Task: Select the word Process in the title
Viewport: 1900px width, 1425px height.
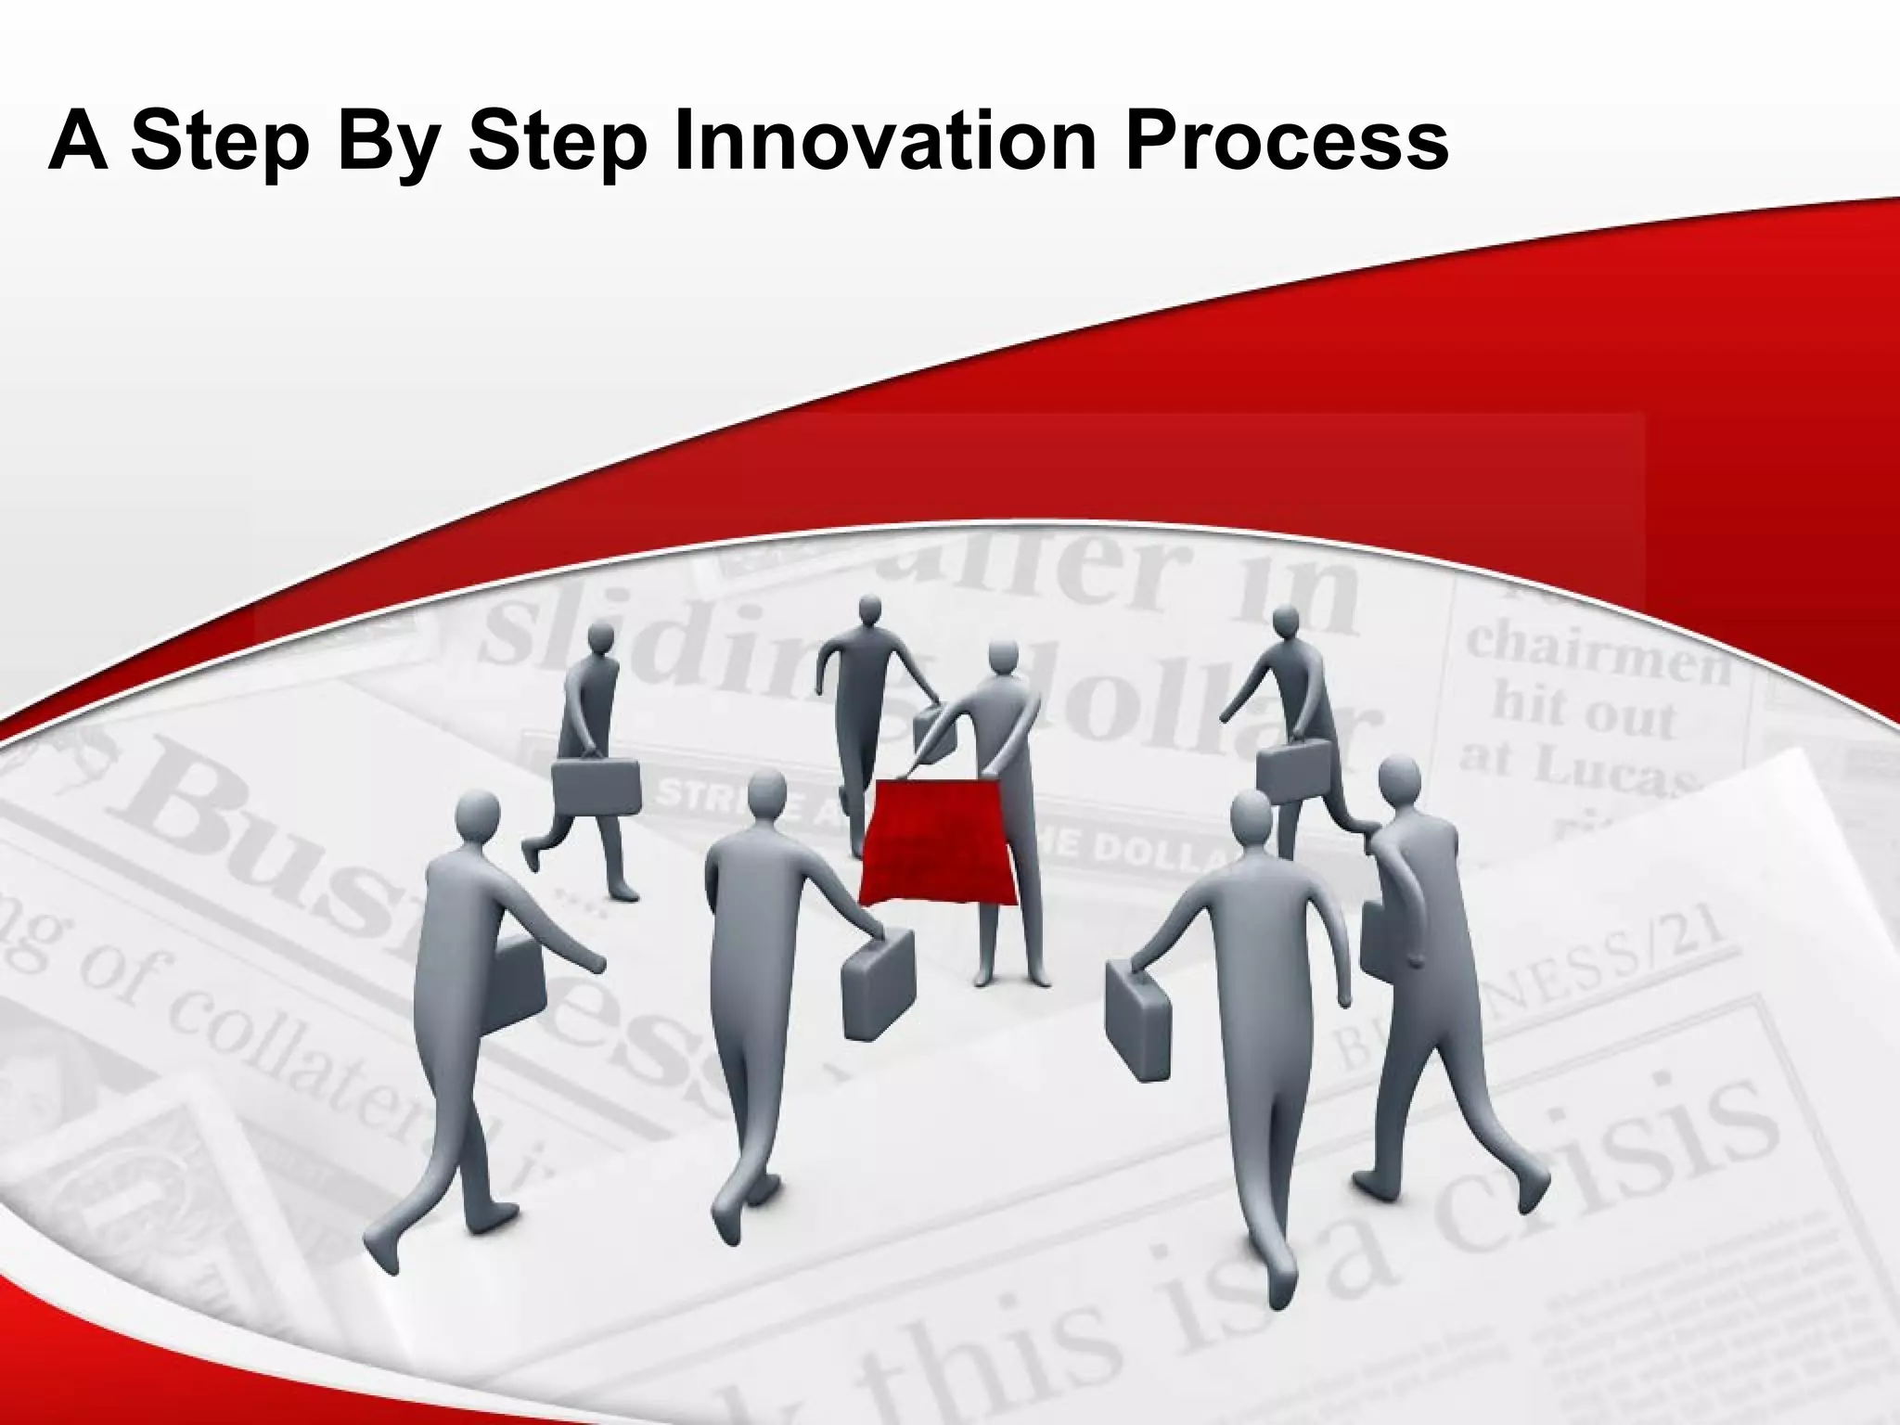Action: tap(1287, 138)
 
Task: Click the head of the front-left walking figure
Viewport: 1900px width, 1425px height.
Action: tap(479, 815)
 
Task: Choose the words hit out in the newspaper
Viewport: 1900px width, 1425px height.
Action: tap(1583, 710)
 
